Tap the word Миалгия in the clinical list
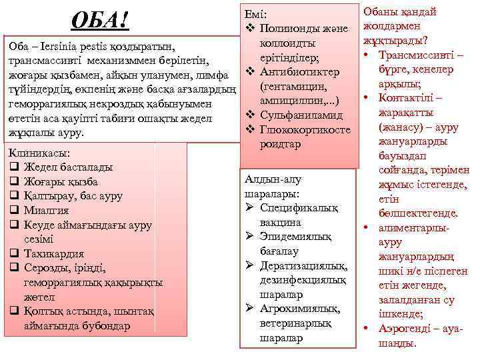click(x=47, y=210)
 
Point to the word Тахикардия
click(x=54, y=253)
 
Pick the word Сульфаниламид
click(x=305, y=115)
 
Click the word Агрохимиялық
click(x=299, y=309)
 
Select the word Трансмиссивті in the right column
click(x=413, y=54)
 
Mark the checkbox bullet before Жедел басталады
click(x=14, y=167)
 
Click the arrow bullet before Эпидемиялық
click(x=248, y=237)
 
